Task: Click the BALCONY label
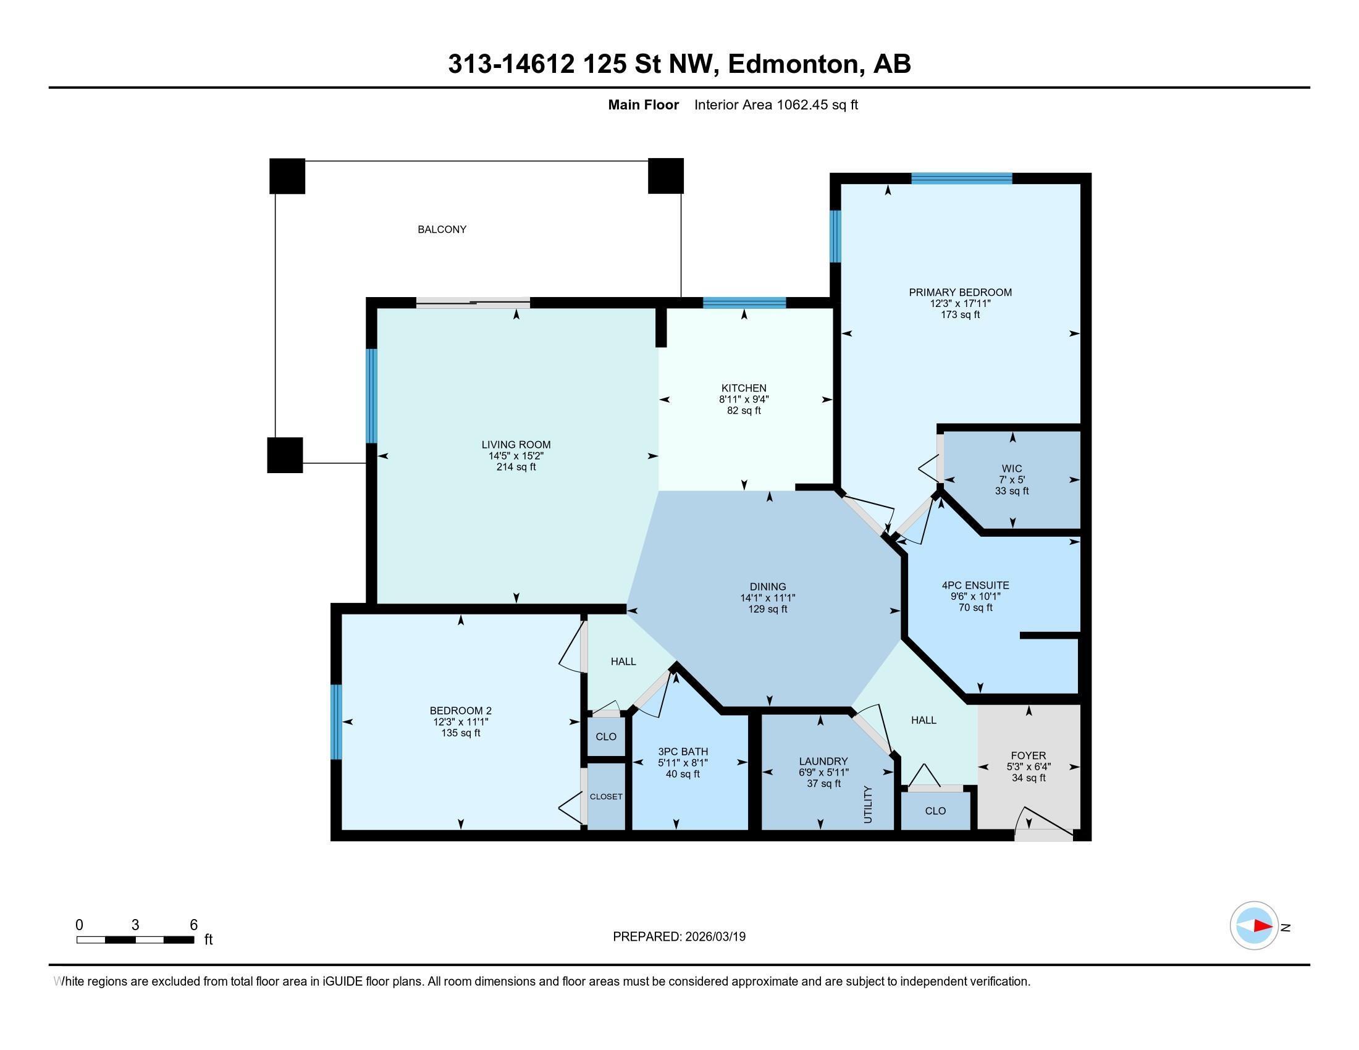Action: click(442, 230)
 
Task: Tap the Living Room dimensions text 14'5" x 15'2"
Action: click(516, 456)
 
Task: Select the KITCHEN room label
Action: click(744, 388)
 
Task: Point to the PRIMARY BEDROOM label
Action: click(960, 292)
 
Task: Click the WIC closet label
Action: click(1012, 468)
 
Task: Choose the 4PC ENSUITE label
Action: click(975, 586)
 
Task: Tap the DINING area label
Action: click(768, 587)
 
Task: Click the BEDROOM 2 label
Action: click(460, 710)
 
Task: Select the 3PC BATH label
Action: click(683, 752)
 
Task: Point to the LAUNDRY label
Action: click(823, 762)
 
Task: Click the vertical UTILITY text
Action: click(869, 804)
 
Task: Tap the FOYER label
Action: click(1029, 756)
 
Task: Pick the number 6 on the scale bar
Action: click(193, 925)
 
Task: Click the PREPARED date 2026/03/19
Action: click(714, 937)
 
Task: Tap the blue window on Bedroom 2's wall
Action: click(336, 722)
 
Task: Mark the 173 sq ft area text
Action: click(960, 315)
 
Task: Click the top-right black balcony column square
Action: click(666, 176)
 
